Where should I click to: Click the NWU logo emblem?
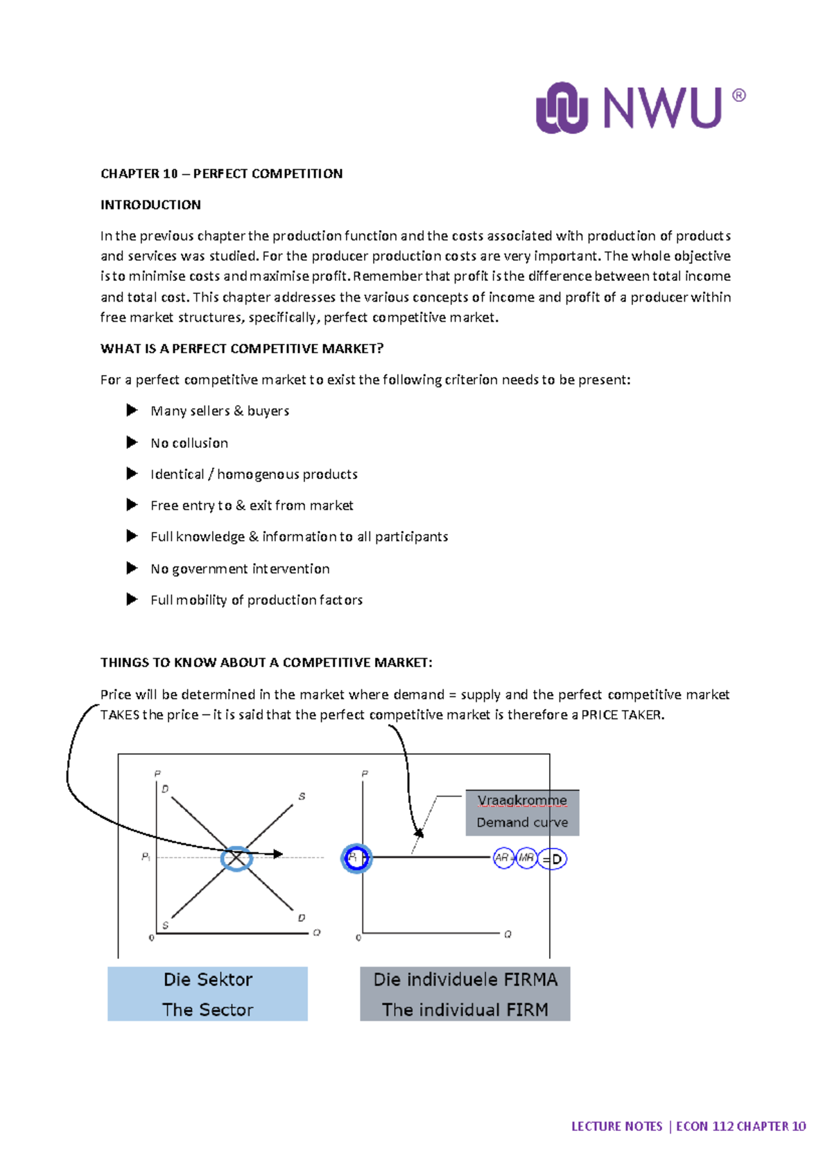coord(562,107)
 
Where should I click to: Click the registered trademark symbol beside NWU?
coord(739,96)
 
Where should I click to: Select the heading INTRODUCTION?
coord(150,205)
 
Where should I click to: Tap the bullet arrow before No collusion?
coord(132,442)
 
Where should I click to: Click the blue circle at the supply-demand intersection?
coord(236,858)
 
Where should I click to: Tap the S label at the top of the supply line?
coord(302,797)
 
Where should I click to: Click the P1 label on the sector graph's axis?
coord(146,857)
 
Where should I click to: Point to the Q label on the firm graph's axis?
coord(508,935)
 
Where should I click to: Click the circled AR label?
coord(502,858)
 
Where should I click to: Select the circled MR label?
coord(526,858)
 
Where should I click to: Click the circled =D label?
coord(553,859)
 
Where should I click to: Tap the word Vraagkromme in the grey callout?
coord(521,800)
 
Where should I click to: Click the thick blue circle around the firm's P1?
coord(356,858)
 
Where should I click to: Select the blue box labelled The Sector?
coord(207,994)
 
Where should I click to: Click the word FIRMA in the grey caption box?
coord(530,980)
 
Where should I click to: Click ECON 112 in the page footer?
coord(704,1127)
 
